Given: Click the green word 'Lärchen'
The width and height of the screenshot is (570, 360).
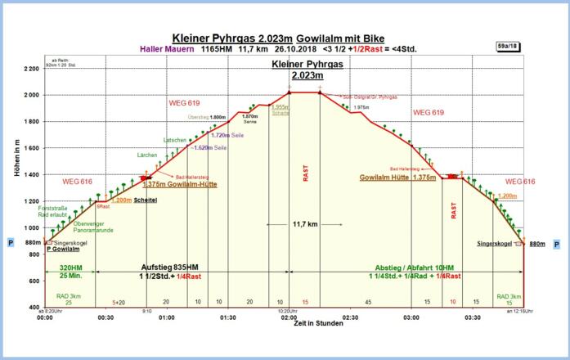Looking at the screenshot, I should [x=146, y=155].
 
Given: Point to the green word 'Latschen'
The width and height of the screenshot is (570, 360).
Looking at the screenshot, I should [x=175, y=140].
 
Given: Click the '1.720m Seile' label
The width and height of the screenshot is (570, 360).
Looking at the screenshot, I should [x=227, y=135].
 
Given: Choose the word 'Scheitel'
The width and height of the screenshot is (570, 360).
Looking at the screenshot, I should [x=145, y=200].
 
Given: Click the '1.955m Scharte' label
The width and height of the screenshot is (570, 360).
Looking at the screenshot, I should [x=281, y=110].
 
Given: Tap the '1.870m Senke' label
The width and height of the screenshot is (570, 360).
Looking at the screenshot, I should [x=249, y=119].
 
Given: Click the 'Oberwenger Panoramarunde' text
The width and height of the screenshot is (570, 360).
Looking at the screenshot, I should [x=92, y=227].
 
